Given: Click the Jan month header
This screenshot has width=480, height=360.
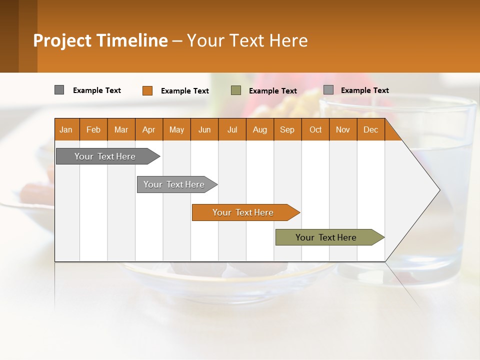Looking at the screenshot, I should (x=66, y=129).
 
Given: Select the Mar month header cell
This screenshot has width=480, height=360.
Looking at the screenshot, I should (x=121, y=129).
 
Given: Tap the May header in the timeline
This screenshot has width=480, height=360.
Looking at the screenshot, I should (x=176, y=129).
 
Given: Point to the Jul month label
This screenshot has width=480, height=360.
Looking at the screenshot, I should (x=232, y=129).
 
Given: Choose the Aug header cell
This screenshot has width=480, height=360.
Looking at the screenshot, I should (x=259, y=129).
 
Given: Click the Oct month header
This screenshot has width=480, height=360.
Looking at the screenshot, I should (x=315, y=129).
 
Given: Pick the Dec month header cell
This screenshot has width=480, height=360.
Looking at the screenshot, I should (x=370, y=129).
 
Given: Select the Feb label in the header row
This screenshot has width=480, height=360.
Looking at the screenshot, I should (x=93, y=129).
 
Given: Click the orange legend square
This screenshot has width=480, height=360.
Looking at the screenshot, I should (x=147, y=90).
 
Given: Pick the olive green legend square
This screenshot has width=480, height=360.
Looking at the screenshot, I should (x=236, y=90).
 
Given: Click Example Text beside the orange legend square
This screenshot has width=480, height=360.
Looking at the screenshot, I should (x=184, y=91).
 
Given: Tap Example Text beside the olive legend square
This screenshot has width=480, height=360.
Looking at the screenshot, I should (x=272, y=91).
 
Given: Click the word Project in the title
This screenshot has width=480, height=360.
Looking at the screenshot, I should (x=62, y=40).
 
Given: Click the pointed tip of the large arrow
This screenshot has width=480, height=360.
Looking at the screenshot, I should (x=438, y=190).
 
